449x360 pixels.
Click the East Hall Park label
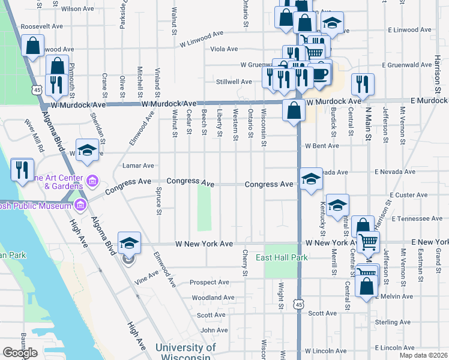(x=282, y=257)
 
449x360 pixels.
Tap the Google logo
(x=20, y=352)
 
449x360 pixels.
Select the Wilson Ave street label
(x=78, y=9)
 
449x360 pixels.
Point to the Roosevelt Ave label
(x=41, y=27)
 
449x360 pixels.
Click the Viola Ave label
(x=223, y=49)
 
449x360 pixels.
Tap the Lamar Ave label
(x=138, y=166)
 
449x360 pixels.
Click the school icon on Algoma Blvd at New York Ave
(x=129, y=242)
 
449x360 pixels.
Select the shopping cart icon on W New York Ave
(x=368, y=242)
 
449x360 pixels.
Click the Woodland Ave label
(x=213, y=298)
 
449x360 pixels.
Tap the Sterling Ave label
(x=392, y=322)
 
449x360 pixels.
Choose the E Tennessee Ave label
(x=411, y=219)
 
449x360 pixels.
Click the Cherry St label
(x=245, y=264)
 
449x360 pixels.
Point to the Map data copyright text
(x=423, y=347)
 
